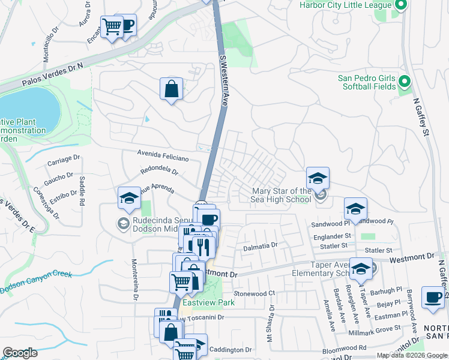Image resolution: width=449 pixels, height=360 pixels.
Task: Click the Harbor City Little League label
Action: [x=346, y=5]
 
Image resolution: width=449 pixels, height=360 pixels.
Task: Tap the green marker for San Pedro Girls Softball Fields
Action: [x=404, y=80]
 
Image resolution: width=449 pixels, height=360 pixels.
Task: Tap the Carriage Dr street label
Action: [x=64, y=161]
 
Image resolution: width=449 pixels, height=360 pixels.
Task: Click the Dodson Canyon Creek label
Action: [x=36, y=282]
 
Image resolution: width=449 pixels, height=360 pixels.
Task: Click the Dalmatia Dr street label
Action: [x=260, y=245]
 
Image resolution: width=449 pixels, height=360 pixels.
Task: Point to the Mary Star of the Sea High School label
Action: [x=281, y=195]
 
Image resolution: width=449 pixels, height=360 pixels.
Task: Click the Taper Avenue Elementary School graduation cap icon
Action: [x=361, y=269]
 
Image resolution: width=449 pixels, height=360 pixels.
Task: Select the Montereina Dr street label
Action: [x=135, y=280]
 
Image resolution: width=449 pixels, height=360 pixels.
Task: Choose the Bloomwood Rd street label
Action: [x=345, y=347]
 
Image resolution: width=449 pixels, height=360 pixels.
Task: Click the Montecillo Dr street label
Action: [x=50, y=38]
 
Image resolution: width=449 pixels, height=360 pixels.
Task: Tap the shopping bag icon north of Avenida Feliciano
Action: [x=172, y=88]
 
